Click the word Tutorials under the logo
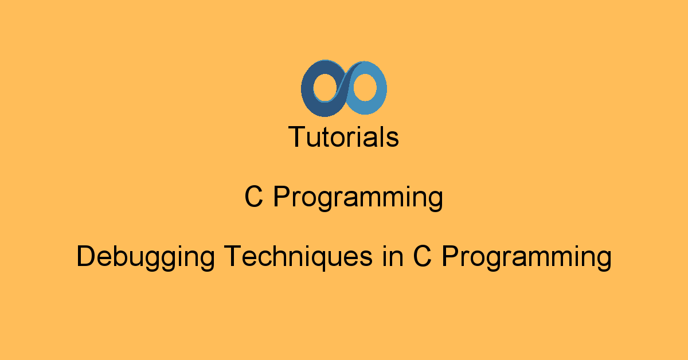(x=343, y=137)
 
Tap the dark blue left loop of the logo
(x=307, y=89)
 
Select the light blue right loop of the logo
(x=381, y=89)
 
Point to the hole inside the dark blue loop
(x=326, y=87)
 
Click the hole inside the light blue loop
(x=365, y=87)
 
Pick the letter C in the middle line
(x=253, y=197)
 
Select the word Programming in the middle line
(x=358, y=198)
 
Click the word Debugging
(x=145, y=257)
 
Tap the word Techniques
(x=298, y=257)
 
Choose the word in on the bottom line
(x=393, y=256)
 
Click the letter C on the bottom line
(x=422, y=256)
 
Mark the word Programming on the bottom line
(x=527, y=258)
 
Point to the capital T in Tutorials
(x=298, y=136)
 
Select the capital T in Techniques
(x=233, y=256)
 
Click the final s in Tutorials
(x=392, y=139)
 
